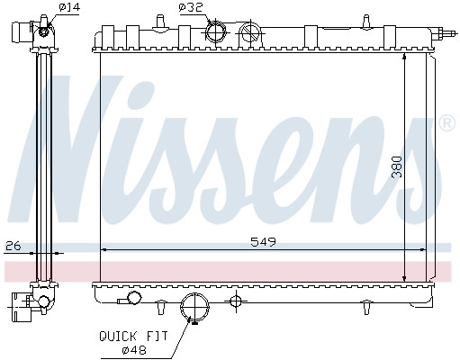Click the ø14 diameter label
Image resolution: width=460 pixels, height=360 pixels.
(x=68, y=8)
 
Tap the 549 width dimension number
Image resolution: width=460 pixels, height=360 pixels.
(x=263, y=241)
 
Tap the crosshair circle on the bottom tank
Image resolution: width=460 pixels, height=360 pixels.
(x=236, y=300)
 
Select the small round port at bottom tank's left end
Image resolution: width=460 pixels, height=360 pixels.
(x=134, y=298)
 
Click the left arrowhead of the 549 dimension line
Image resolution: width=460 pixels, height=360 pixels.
(x=104, y=249)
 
